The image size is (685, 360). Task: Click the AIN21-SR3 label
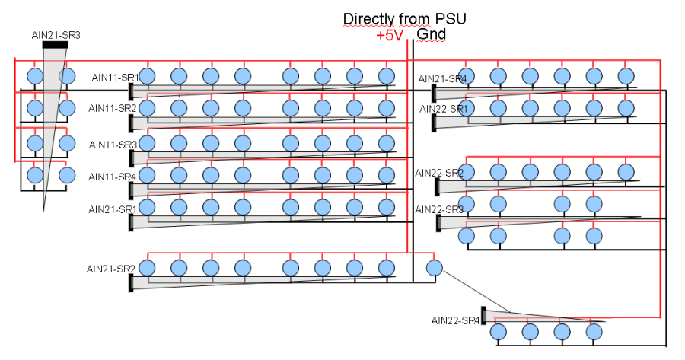tap(56, 35)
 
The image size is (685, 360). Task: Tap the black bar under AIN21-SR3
tap(56, 45)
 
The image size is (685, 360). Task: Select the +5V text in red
tap(389, 35)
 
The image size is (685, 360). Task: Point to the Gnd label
tap(431, 34)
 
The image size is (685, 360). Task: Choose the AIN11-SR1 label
tap(114, 78)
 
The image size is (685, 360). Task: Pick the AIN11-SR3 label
tap(113, 145)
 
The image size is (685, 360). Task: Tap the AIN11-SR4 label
tap(113, 177)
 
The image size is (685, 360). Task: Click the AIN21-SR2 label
tap(111, 269)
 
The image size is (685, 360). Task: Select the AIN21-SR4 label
tap(442, 78)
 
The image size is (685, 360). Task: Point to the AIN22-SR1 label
tap(444, 109)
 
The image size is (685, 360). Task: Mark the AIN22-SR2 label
tap(439, 173)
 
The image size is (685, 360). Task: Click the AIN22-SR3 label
tap(439, 209)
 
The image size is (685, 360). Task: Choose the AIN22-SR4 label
tap(455, 320)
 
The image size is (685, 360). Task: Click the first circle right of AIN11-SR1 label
tap(148, 75)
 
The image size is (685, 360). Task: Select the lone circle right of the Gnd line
tap(434, 268)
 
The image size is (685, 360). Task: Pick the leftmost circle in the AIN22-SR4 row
tap(499, 332)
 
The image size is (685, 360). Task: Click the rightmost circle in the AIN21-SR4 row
tap(626, 75)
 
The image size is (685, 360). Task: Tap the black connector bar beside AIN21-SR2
tap(131, 282)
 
